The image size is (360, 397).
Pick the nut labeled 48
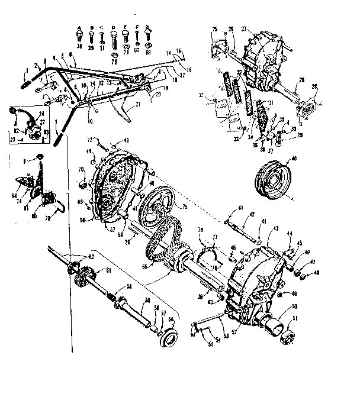tap(301, 273)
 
